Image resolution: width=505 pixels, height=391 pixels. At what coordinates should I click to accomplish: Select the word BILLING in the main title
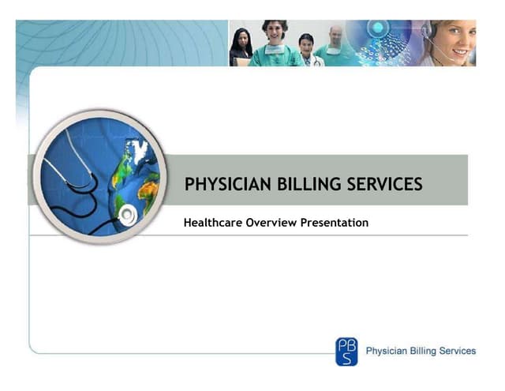[301, 185]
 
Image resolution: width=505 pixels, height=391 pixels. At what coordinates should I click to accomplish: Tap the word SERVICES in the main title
[384, 185]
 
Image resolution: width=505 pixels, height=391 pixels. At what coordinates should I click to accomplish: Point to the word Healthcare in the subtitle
[213, 224]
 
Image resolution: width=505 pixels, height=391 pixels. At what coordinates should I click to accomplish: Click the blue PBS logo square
[346, 351]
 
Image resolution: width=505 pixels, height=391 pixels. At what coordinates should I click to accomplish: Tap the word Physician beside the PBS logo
[387, 351]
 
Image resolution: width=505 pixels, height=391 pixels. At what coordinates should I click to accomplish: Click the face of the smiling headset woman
[458, 39]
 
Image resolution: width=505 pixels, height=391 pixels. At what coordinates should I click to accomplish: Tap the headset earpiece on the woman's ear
[431, 32]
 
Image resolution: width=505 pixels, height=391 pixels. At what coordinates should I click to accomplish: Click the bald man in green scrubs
[336, 43]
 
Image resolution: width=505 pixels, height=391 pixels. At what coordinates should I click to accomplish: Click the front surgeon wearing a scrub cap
[274, 43]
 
